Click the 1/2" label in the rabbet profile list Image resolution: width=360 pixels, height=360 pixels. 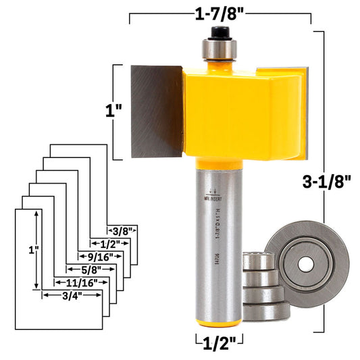click(x=111, y=244)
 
